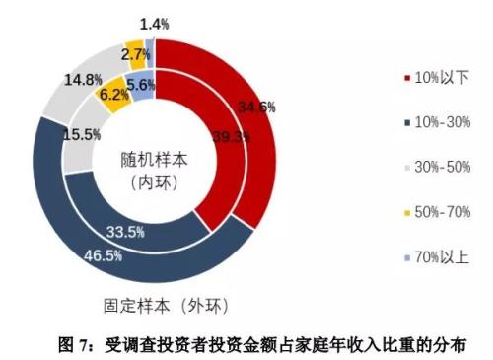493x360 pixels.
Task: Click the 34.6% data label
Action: coord(254,107)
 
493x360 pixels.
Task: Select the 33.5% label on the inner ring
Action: coord(154,232)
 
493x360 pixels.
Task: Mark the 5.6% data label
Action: coord(141,86)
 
